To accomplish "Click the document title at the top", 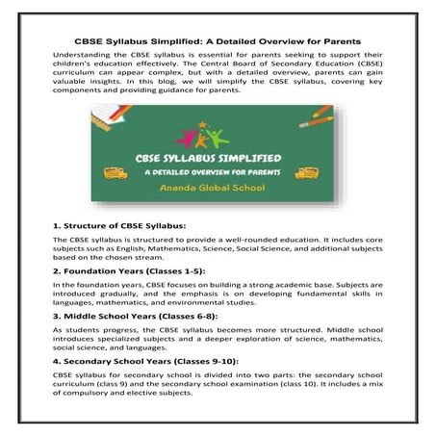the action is (x=218, y=41).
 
